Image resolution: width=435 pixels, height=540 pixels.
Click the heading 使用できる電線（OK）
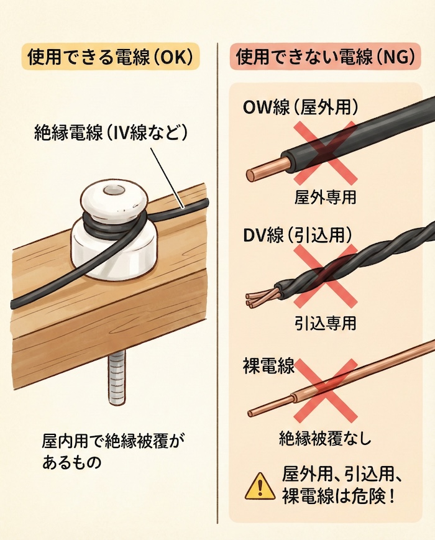(109, 57)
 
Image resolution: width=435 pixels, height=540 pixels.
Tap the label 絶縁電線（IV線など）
(111, 132)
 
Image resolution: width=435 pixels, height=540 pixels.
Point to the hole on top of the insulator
(112, 190)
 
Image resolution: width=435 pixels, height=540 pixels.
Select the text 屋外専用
(325, 198)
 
